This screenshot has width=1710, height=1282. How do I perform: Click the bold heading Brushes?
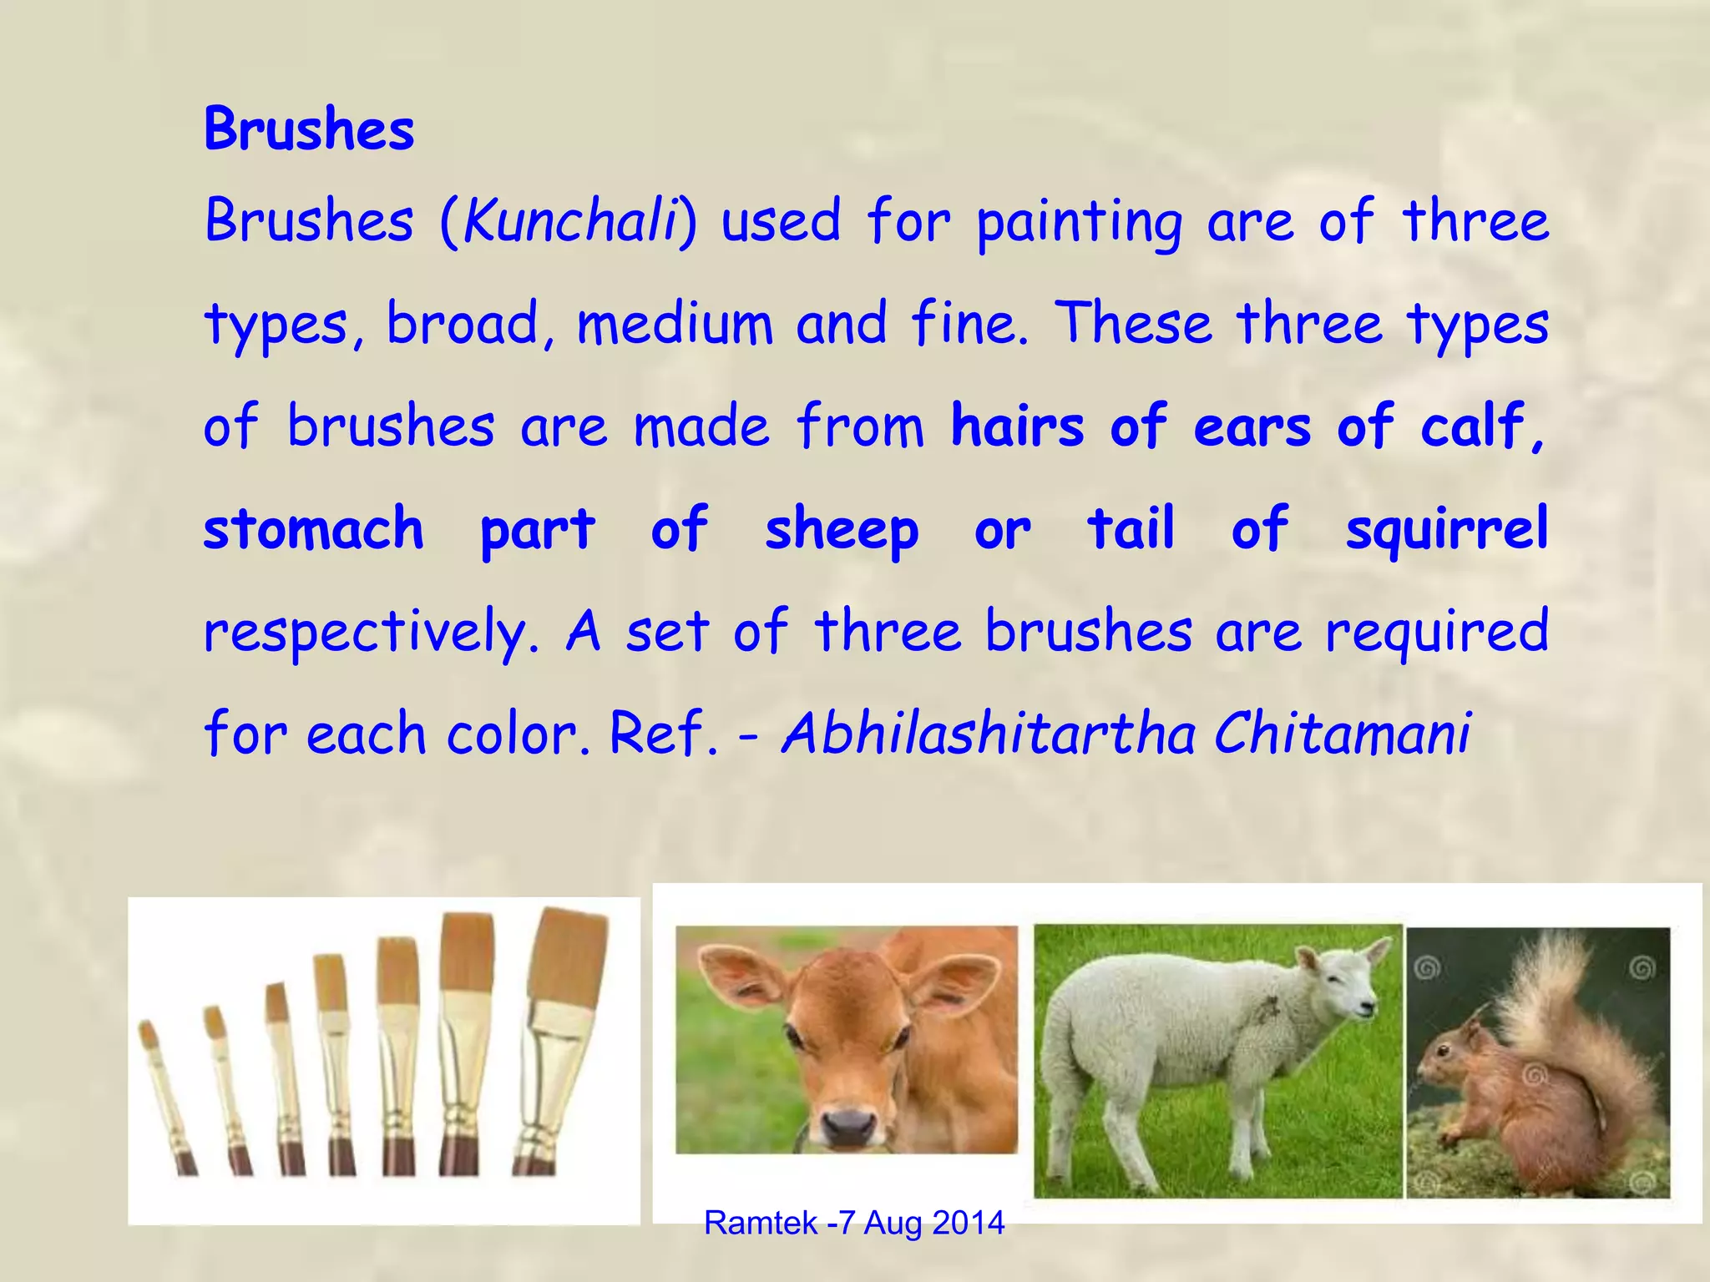(x=309, y=130)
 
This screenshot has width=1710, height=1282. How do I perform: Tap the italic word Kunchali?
(x=569, y=222)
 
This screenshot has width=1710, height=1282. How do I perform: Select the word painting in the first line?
(x=1079, y=224)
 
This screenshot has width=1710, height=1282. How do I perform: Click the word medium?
(x=675, y=324)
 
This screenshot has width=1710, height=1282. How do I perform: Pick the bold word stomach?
(x=314, y=529)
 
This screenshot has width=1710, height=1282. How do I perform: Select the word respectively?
(x=371, y=633)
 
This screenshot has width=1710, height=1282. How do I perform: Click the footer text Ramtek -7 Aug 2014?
(x=854, y=1223)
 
